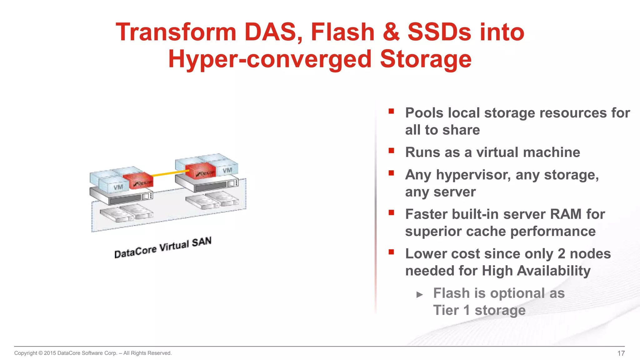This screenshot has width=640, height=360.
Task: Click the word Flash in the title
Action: [342, 32]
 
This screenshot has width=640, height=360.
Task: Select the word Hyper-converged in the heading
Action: [270, 59]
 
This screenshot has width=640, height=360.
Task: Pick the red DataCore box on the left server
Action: [138, 181]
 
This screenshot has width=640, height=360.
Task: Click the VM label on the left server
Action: [118, 187]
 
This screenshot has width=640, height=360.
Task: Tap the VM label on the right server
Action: [227, 170]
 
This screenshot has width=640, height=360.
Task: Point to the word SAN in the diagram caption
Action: [202, 242]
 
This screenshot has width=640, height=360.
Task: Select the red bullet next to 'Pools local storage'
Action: [391, 111]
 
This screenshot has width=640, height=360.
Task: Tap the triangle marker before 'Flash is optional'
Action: [420, 294]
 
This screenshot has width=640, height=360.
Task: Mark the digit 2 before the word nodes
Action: [561, 254]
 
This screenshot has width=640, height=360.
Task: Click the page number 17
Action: [621, 353]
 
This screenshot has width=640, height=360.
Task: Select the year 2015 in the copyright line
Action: [50, 353]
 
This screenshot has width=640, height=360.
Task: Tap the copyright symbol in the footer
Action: [40, 353]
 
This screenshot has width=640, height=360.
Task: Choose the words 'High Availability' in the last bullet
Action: [536, 271]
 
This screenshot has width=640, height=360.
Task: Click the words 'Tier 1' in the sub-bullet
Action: [451, 310]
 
